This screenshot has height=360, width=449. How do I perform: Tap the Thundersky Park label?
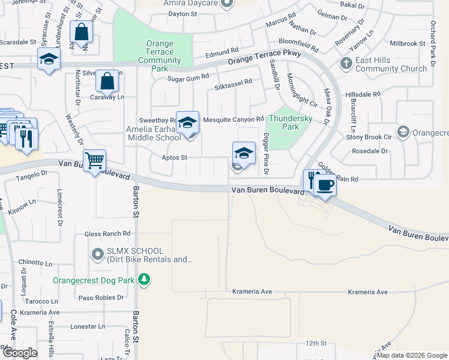(x=291, y=122)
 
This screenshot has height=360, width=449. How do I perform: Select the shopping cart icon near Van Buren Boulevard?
(x=94, y=161)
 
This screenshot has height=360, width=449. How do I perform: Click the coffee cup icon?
(x=325, y=185)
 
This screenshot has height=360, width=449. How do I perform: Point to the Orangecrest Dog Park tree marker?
(x=143, y=279)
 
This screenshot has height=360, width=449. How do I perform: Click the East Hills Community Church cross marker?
(x=346, y=63)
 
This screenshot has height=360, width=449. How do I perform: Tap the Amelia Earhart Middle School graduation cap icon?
(x=187, y=122)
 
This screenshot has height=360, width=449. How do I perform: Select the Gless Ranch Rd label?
(x=107, y=233)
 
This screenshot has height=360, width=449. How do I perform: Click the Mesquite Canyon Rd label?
(x=234, y=119)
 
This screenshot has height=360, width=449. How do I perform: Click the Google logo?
(x=19, y=353)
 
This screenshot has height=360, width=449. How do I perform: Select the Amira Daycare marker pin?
(x=226, y=4)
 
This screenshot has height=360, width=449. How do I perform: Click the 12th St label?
(x=315, y=343)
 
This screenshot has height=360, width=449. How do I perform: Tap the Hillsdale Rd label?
(x=363, y=95)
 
